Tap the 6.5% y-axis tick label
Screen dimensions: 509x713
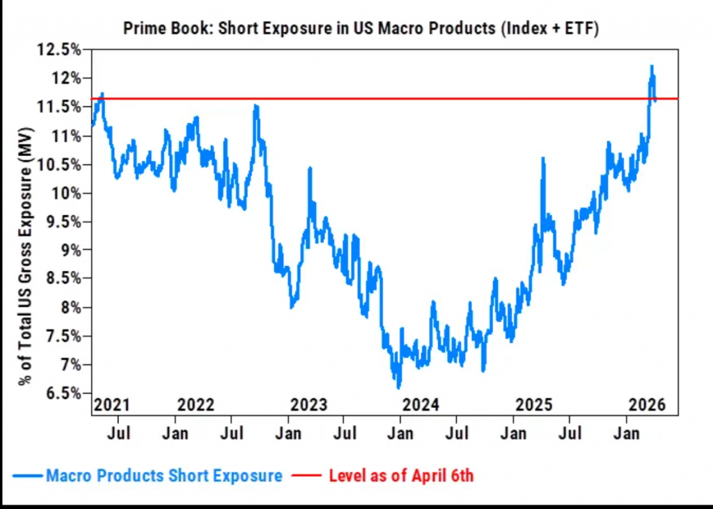point(62,393)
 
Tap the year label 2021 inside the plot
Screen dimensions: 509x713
point(112,405)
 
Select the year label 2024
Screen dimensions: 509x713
point(419,405)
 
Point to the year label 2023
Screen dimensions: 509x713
point(309,405)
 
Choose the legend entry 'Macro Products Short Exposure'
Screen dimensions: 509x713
point(164,476)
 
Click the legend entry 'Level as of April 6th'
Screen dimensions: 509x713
point(401,476)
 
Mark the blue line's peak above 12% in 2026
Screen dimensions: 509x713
point(652,66)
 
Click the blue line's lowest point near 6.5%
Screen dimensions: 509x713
point(398,387)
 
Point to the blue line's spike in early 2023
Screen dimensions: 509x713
point(309,169)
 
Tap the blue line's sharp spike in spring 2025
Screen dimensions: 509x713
point(542,159)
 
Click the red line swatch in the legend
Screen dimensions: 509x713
point(307,476)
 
